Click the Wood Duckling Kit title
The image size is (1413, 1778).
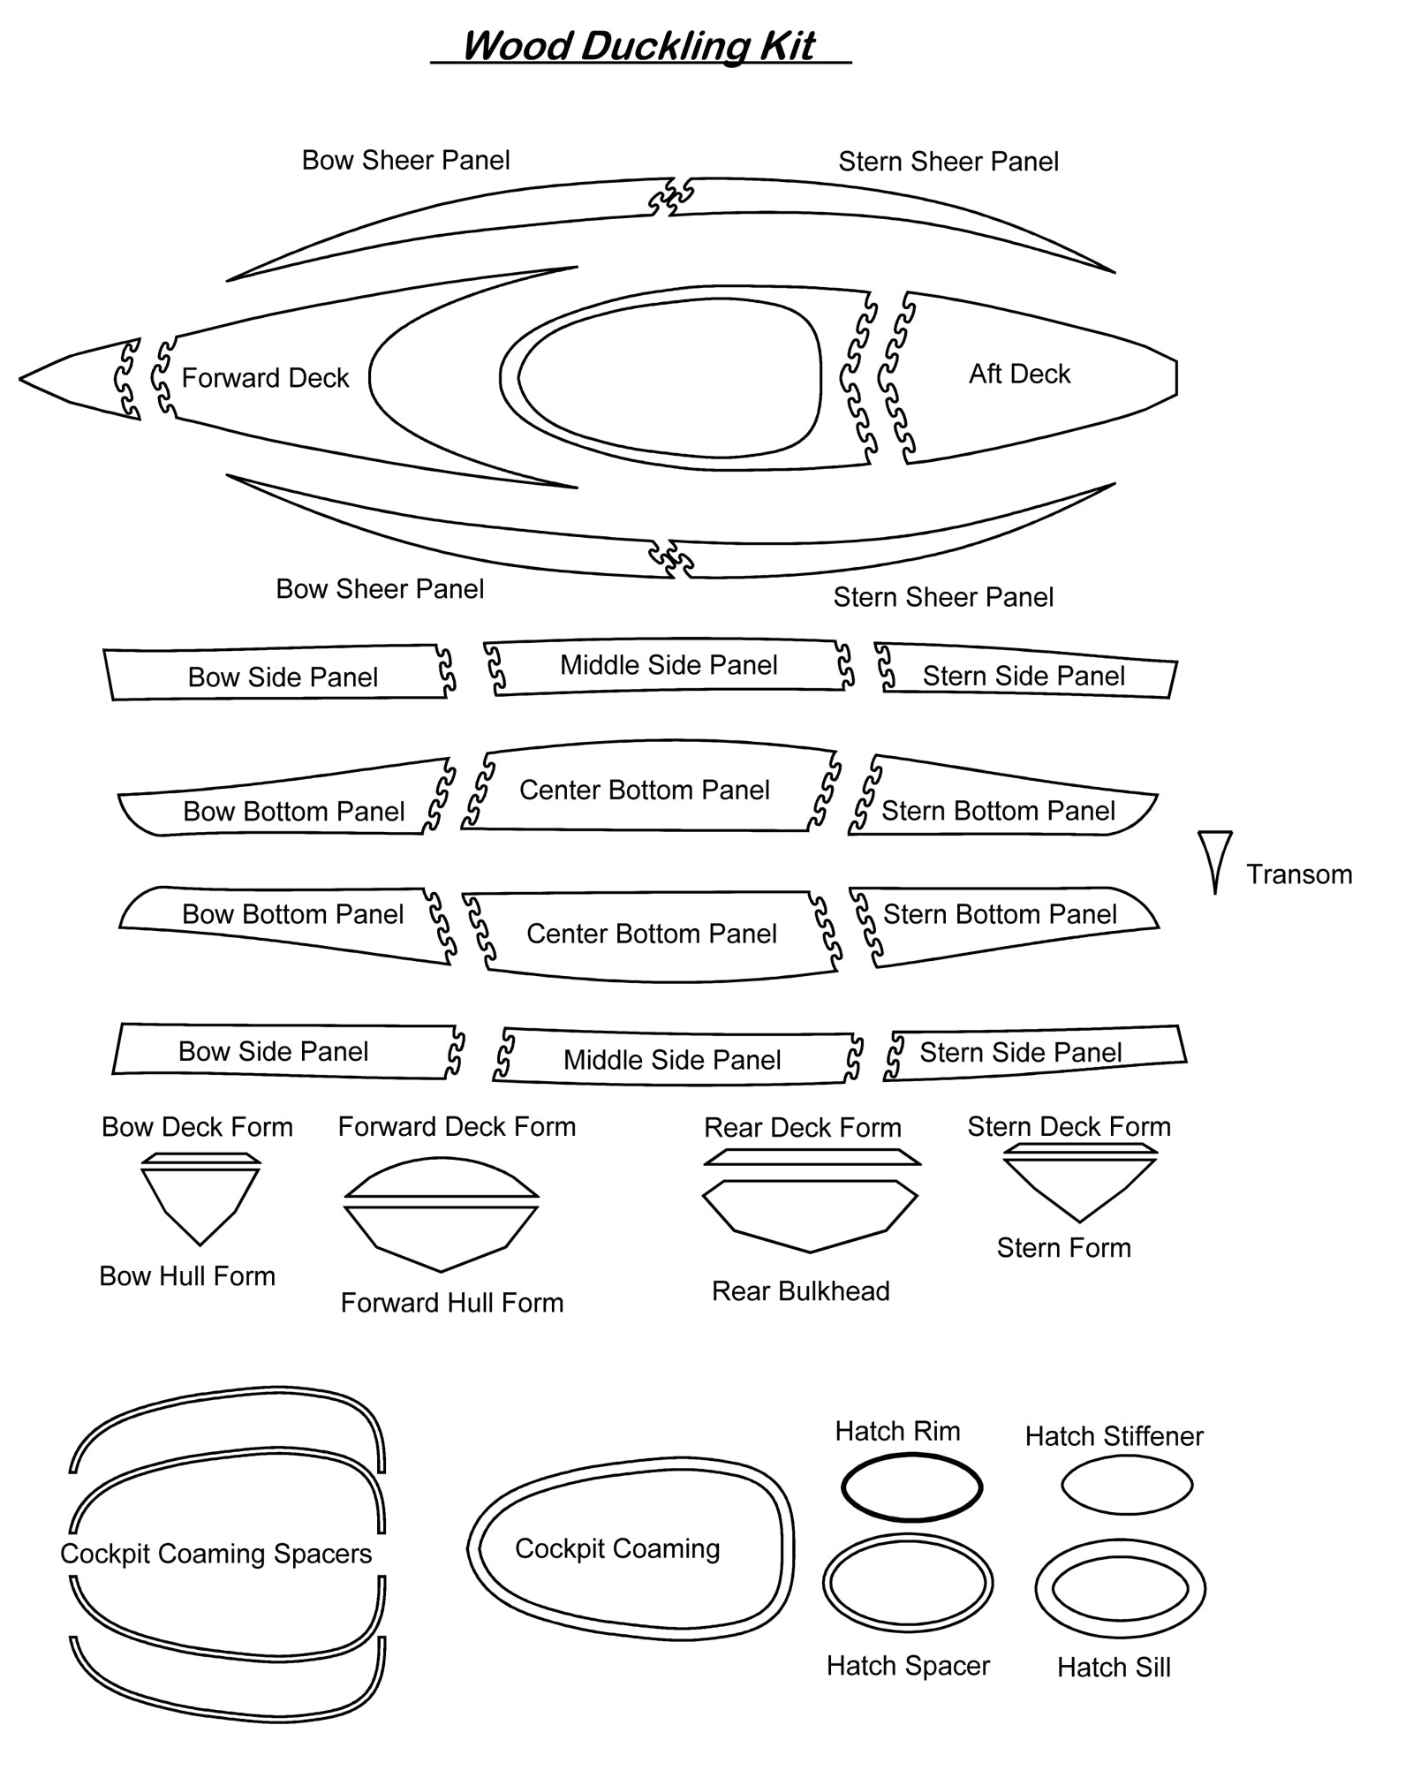(x=638, y=46)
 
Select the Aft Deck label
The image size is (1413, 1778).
(x=1019, y=374)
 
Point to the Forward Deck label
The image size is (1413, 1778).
(x=265, y=378)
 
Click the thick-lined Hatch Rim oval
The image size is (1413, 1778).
(x=911, y=1488)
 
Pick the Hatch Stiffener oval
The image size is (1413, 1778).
(x=1127, y=1486)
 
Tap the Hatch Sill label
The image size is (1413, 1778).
(x=1114, y=1668)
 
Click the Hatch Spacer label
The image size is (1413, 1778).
(x=908, y=1666)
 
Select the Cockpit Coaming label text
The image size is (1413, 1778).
(x=617, y=1548)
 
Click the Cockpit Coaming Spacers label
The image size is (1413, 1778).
(x=216, y=1554)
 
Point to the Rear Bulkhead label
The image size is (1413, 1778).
(x=800, y=1291)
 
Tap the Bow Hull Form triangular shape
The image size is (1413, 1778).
(x=200, y=1201)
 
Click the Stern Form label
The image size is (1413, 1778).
(x=1063, y=1248)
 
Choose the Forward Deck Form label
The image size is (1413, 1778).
(x=457, y=1127)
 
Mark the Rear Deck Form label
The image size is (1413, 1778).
(x=802, y=1128)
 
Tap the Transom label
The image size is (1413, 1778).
(x=1299, y=874)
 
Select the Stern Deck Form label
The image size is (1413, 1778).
(x=1069, y=1127)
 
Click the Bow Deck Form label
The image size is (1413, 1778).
(x=197, y=1127)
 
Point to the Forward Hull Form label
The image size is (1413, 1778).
(x=452, y=1303)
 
